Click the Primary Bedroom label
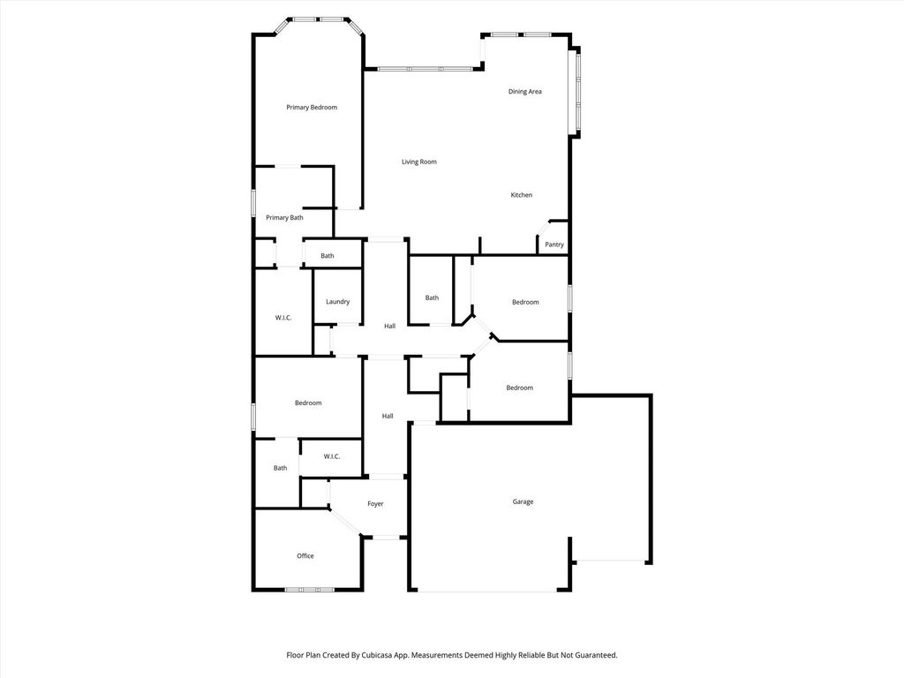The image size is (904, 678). (312, 107)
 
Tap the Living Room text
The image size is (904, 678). (419, 162)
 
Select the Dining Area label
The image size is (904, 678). (524, 92)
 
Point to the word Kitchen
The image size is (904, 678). (521, 195)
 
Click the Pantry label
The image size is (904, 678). (554, 245)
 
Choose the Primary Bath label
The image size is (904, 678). (284, 217)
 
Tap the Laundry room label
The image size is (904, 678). (337, 302)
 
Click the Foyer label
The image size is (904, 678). (375, 504)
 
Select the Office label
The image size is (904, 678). (305, 556)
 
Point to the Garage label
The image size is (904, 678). (523, 501)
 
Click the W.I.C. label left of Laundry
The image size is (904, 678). (283, 318)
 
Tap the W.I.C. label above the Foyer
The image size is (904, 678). (332, 456)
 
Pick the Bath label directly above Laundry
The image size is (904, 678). (327, 256)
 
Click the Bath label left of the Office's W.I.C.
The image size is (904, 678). (280, 468)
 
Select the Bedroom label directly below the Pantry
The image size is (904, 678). (525, 302)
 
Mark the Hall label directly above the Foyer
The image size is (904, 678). (388, 416)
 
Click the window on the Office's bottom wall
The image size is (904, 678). (310, 590)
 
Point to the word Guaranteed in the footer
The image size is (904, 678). (598, 655)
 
